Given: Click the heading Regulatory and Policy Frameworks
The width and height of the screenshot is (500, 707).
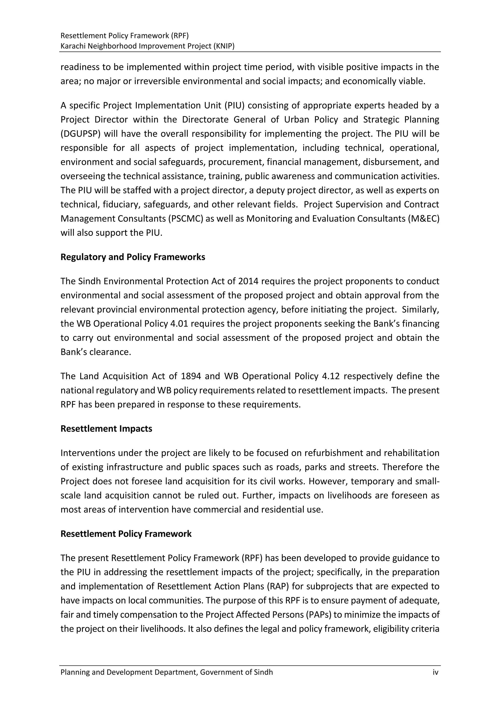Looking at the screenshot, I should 133,257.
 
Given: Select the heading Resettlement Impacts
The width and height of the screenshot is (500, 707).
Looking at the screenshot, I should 106,429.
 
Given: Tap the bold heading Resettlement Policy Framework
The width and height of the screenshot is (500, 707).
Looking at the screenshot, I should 126,534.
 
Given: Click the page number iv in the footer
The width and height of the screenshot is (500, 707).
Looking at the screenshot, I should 435,672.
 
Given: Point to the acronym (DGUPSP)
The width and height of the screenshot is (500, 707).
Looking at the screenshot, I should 81,134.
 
